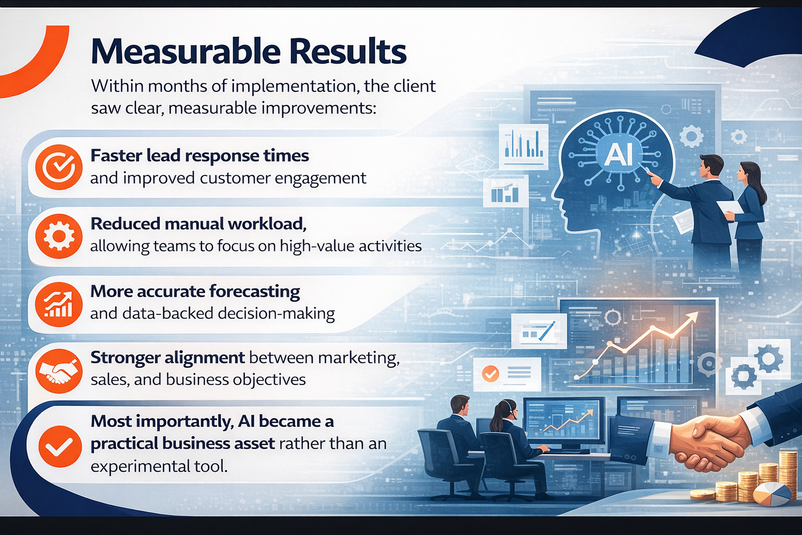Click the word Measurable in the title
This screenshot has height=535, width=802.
[186, 52]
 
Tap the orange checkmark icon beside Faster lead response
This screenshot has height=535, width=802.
[58, 167]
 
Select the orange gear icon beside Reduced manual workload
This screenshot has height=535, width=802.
[58, 236]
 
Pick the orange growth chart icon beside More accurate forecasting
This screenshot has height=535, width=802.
[58, 304]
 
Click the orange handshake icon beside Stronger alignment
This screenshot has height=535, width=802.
[58, 371]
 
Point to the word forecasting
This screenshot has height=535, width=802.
[255, 292]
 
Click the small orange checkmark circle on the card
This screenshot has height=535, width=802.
[490, 374]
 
